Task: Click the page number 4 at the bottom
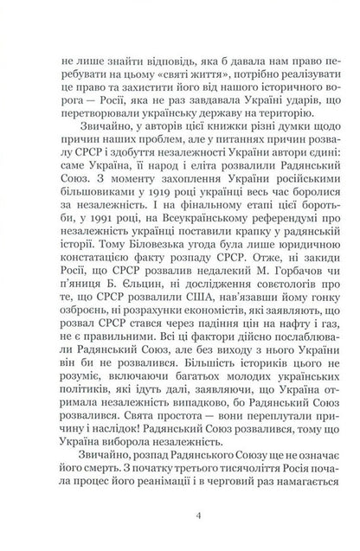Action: (180, 517)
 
